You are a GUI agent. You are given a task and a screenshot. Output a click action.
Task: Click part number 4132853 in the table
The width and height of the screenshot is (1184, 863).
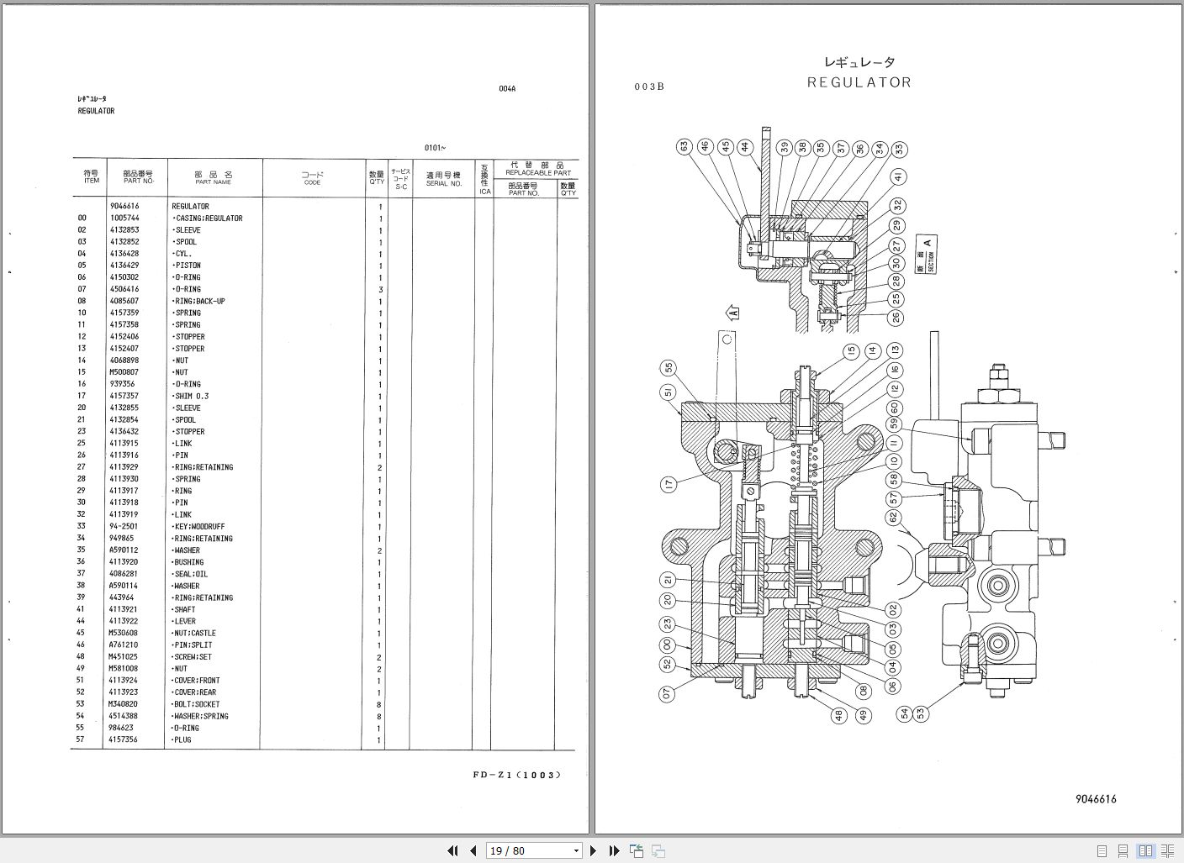pos(124,230)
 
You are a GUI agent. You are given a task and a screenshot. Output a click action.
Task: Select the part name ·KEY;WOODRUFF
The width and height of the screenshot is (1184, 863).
pos(199,527)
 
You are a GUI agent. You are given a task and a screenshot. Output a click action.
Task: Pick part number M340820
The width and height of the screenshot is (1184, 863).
pos(124,704)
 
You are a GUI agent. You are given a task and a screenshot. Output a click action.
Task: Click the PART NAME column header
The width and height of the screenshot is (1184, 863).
pos(214,178)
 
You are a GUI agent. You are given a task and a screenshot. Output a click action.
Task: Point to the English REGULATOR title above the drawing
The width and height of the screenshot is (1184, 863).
pos(859,82)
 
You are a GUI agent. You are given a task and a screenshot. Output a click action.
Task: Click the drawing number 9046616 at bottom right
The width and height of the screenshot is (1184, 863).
pos(1095,799)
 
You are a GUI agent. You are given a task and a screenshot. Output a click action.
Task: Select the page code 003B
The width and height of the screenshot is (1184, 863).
pos(649,87)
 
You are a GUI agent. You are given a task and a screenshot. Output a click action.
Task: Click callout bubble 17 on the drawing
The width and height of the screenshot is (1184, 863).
pos(669,484)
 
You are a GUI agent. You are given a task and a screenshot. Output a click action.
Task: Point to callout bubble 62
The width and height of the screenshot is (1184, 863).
pos(893,518)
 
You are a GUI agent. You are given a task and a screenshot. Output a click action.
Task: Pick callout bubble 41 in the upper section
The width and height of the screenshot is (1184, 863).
pos(899,177)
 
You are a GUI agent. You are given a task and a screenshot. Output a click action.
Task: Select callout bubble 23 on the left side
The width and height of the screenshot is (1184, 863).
pos(669,624)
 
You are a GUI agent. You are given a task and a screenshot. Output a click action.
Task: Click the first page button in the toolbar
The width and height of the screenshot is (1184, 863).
pos(452,850)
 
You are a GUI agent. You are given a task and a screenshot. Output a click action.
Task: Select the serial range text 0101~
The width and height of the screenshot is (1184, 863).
pos(435,148)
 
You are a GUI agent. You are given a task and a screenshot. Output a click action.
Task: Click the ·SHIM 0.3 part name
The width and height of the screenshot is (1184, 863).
pos(192,396)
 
